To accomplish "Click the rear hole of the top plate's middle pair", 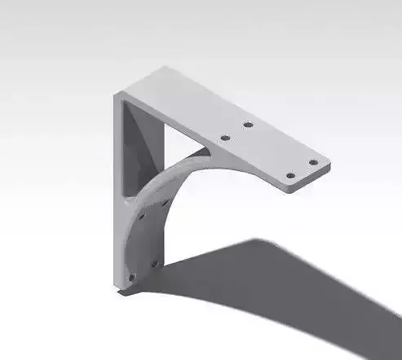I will tap(248, 125).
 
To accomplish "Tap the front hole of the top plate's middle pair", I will tap(225, 138).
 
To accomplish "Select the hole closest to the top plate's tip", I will tap(312, 162).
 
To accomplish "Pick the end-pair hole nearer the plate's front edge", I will tap(290, 174).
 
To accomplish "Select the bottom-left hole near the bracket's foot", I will tap(131, 277).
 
